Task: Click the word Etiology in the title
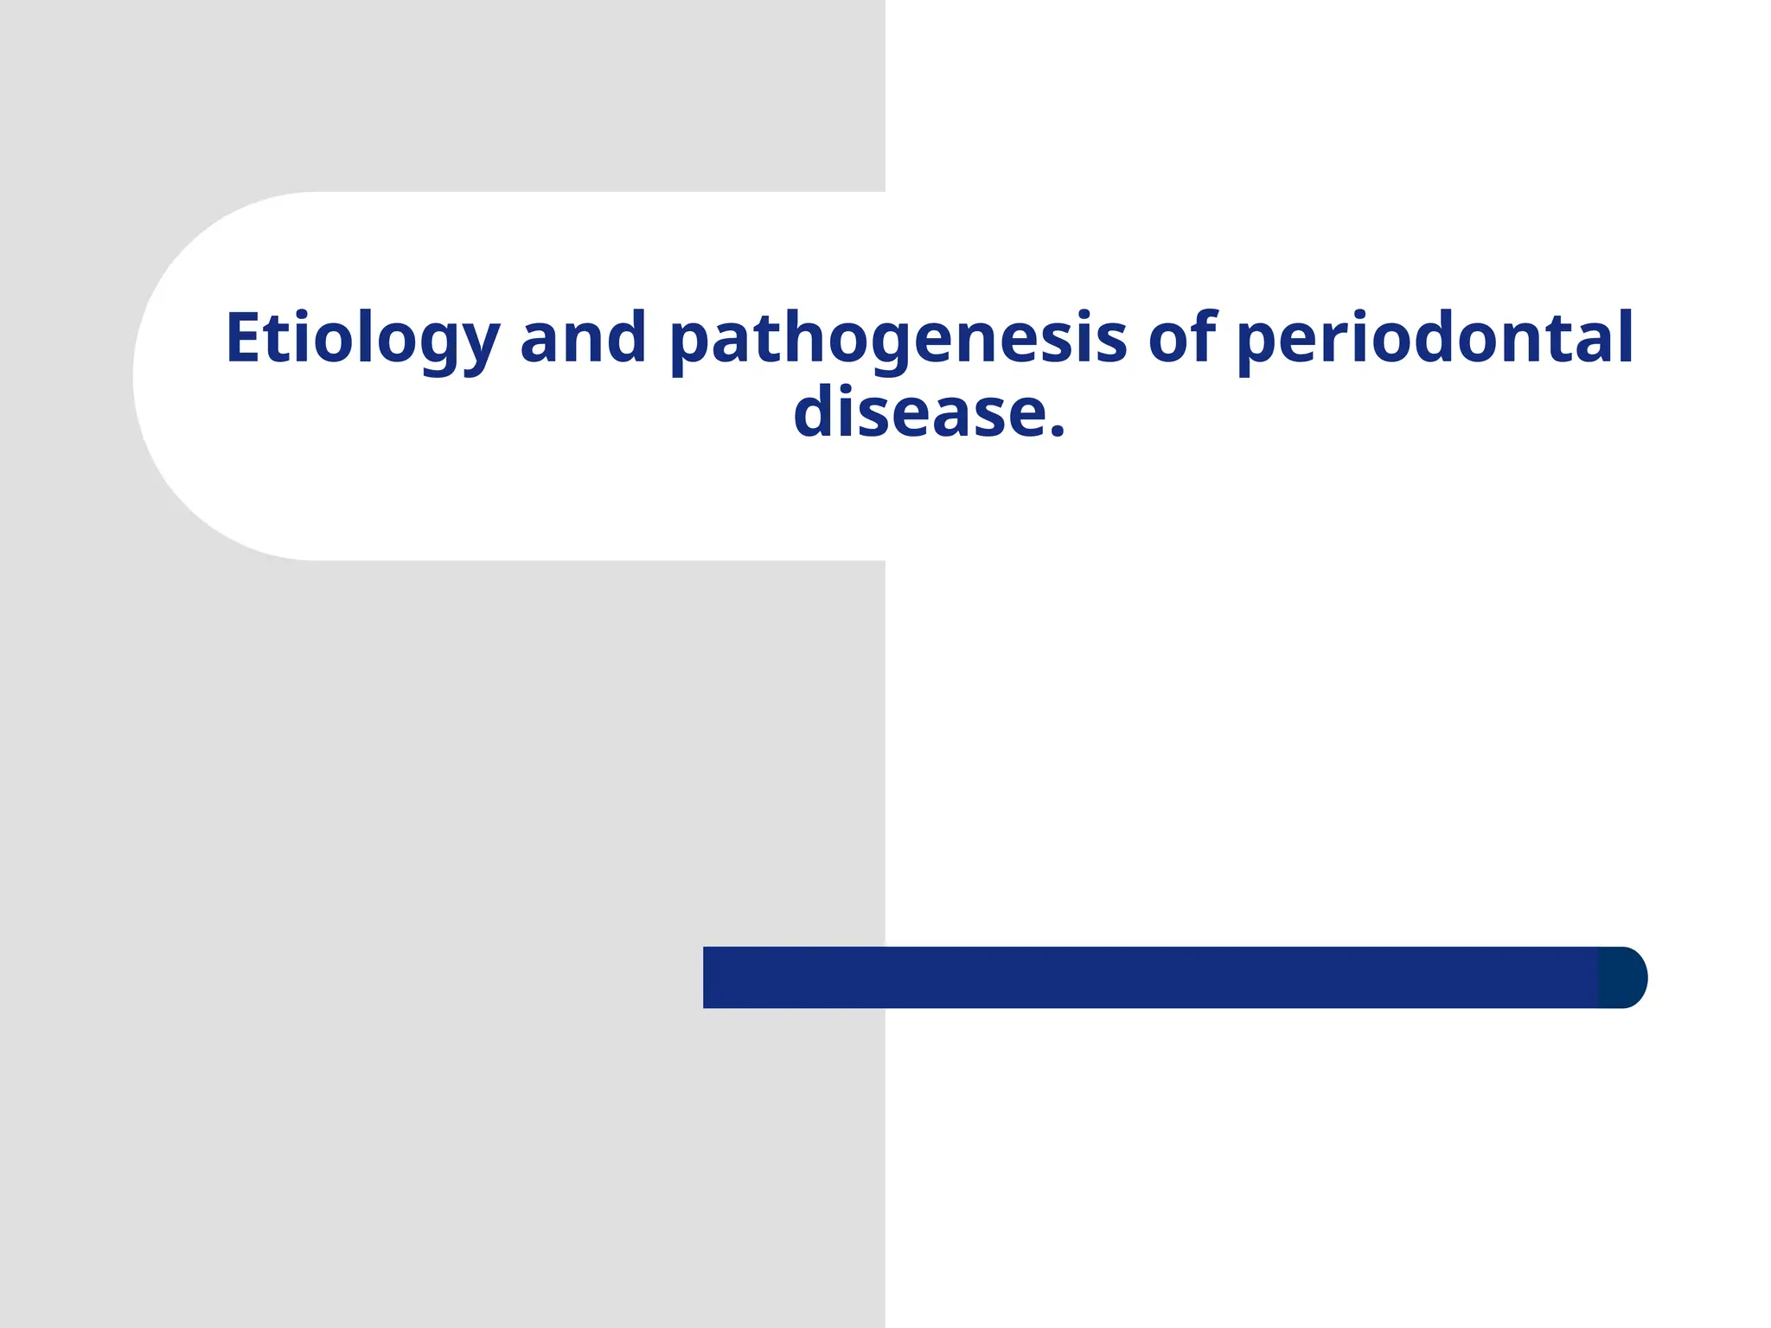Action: point(362,339)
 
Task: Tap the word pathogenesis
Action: point(898,339)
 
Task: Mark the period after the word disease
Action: point(1056,430)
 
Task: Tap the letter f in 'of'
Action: point(1204,335)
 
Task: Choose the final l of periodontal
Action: point(1625,335)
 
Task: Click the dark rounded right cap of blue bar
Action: point(1623,977)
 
